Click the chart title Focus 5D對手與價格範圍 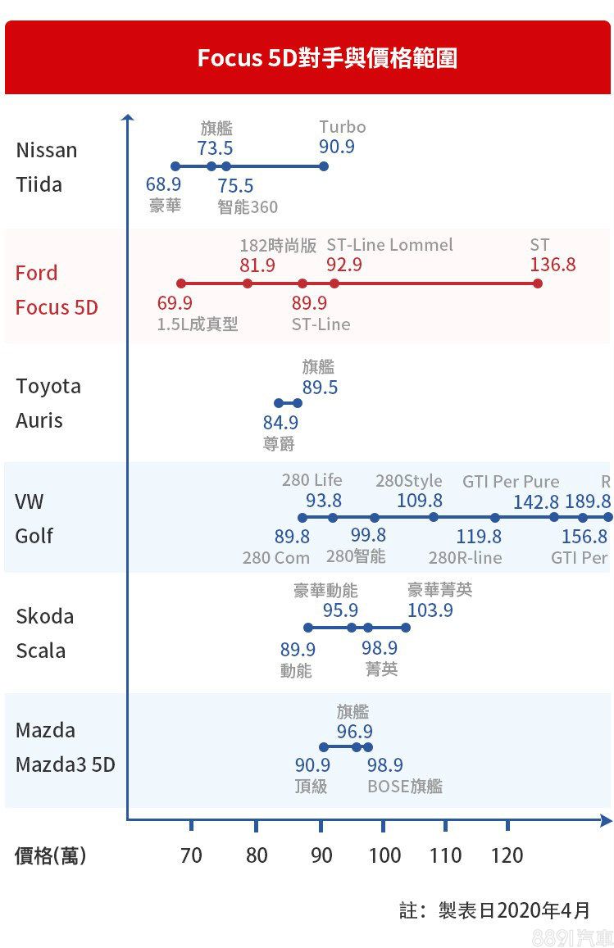326,59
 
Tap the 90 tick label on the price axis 321,855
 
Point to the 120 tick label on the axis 507,855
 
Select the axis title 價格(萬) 50,855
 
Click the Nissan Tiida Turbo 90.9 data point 324,166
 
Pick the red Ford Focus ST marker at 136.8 538,283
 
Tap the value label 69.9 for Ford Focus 175,303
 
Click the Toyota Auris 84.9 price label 280,423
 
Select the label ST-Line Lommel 389,245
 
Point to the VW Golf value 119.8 479,537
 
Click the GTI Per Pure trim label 510,481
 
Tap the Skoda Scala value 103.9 430,610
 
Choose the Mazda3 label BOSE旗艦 405,787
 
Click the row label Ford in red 36,273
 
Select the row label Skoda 44,616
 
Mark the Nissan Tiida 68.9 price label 163,185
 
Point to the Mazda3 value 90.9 312,765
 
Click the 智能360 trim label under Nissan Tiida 248,207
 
